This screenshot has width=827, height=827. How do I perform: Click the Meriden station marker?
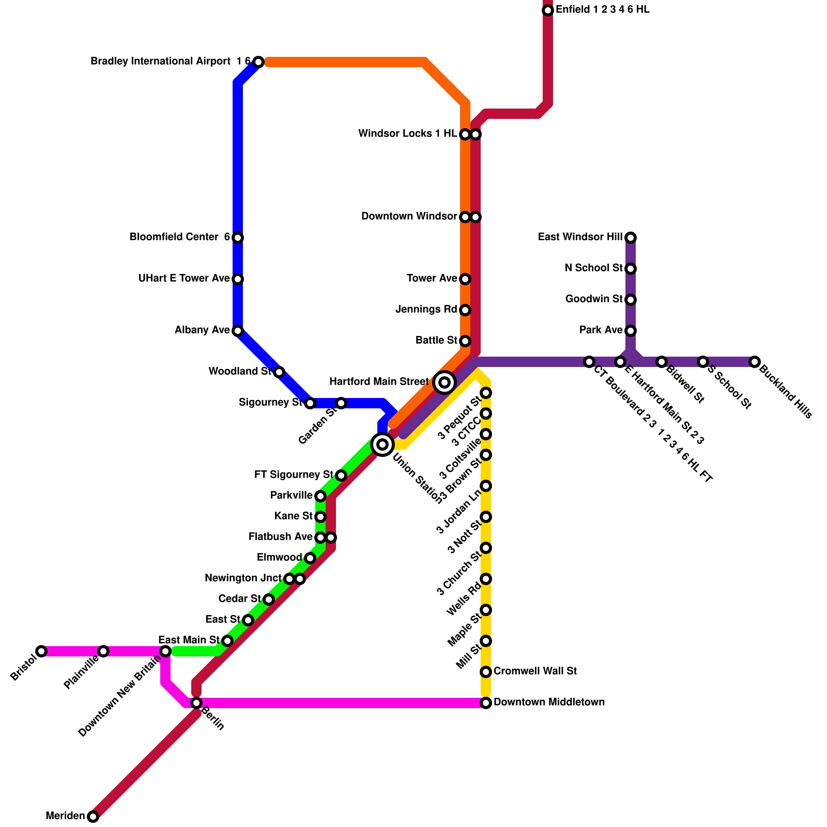[x=93, y=817]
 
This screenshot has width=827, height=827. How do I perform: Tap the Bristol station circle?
[x=41, y=651]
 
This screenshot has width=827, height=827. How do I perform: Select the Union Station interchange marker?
[x=382, y=444]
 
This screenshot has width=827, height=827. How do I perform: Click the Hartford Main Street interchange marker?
[x=445, y=382]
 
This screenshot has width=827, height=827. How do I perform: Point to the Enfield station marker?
[x=548, y=10]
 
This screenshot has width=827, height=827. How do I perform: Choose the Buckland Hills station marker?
[x=755, y=362]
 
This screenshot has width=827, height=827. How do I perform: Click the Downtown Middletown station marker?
[x=486, y=703]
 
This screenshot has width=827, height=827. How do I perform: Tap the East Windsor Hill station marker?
[x=631, y=238]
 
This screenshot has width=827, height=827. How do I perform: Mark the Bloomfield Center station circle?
[x=238, y=238]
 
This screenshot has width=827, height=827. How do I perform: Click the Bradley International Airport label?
[x=160, y=62]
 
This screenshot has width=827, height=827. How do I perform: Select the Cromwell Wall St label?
[x=535, y=671]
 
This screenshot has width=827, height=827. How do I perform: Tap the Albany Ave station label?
[x=202, y=330]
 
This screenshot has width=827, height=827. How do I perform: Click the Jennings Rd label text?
[x=426, y=310]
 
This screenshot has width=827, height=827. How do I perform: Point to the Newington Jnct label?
[x=243, y=578]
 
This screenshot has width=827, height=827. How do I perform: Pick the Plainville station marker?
[x=103, y=651]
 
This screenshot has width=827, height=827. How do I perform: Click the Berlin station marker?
[x=196, y=703]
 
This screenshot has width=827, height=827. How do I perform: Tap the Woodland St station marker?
[x=279, y=372]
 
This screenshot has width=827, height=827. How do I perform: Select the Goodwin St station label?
[x=594, y=299]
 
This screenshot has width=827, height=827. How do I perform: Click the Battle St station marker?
[x=465, y=341]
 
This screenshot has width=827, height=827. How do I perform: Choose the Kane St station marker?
[x=320, y=517]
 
